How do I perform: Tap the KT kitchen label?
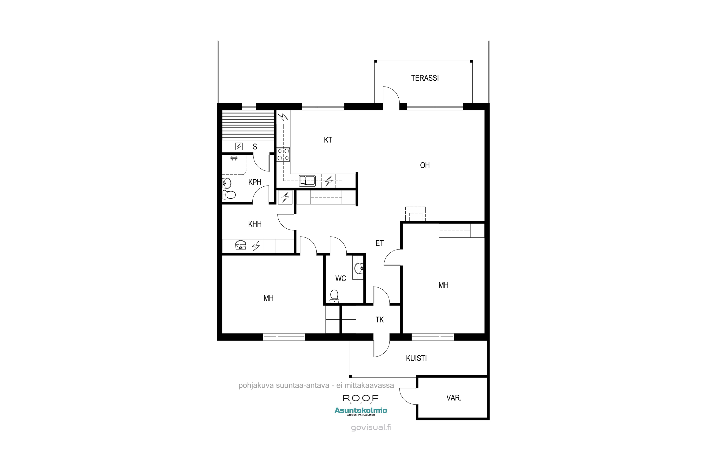tap(328, 140)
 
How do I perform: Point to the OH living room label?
tap(425, 165)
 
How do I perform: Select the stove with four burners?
tap(283, 155)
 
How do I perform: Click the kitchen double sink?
tap(307, 181)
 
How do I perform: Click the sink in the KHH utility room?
tap(241, 245)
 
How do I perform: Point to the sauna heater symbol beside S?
tap(239, 146)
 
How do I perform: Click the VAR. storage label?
tap(454, 398)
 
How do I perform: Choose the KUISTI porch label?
tap(416, 358)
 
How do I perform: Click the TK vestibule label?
tap(380, 320)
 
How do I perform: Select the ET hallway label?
tap(380, 243)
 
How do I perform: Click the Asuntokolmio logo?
tap(360, 411)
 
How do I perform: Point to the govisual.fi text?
tap(371, 427)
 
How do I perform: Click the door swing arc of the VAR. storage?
tap(404, 400)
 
